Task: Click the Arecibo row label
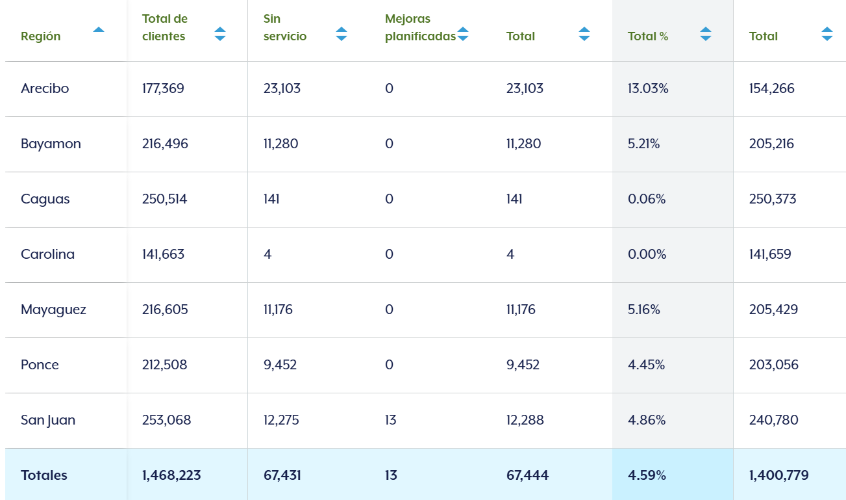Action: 45,88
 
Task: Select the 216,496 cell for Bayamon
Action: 165,144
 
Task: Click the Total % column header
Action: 648,36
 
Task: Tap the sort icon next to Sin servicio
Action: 342,34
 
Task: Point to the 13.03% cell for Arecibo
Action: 648,88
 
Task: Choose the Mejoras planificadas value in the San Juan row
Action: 390,420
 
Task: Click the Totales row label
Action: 44,475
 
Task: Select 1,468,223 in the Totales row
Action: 171,475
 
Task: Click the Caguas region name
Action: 45,199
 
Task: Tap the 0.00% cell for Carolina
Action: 647,254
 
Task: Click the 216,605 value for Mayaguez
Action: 165,309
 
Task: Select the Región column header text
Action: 40,36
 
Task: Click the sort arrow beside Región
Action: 99,30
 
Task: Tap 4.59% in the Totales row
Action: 647,475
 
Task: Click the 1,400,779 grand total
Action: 778,475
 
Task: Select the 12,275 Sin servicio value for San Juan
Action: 281,420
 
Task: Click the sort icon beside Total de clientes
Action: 220,34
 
